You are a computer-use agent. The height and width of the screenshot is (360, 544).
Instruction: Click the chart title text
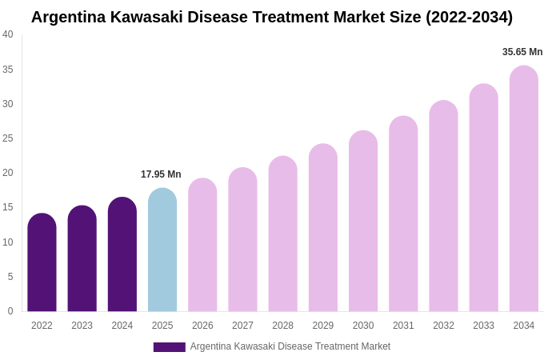[x=272, y=17]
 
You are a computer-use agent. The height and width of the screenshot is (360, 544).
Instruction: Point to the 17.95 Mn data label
[x=161, y=174]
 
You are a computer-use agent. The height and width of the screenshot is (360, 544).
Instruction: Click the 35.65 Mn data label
[x=522, y=52]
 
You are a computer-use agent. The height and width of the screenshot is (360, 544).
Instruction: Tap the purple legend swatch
[x=169, y=347]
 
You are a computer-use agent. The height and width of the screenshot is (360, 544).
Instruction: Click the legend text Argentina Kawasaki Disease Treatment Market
[x=290, y=346]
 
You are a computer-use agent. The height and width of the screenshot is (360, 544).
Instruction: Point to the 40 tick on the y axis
[x=8, y=34]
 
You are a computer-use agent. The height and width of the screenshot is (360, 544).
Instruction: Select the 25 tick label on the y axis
[x=8, y=138]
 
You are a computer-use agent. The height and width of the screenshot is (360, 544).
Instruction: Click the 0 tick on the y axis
[x=10, y=311]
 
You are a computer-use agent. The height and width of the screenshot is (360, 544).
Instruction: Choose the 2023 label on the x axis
[x=82, y=326]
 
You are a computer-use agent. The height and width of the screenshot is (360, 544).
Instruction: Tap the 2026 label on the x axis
[x=202, y=326]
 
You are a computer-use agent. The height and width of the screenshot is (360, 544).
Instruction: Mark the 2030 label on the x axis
[x=363, y=326]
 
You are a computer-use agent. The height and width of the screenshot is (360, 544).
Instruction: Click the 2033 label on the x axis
[x=483, y=326]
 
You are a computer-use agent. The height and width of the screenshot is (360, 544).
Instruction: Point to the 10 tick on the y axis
[x=8, y=242]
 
